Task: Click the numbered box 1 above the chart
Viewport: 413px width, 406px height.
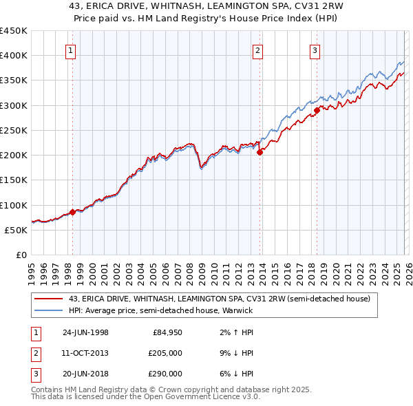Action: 72,50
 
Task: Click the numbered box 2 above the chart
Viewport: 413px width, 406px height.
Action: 257,50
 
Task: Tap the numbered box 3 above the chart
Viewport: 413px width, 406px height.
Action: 315,50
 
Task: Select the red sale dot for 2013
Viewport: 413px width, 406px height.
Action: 260,153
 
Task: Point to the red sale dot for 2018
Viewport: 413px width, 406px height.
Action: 317,110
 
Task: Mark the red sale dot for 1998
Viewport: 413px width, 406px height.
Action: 72,212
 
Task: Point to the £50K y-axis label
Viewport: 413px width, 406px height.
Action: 17,230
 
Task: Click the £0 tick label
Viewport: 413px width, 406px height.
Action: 22,255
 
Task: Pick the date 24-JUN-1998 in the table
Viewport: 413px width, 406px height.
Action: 85,332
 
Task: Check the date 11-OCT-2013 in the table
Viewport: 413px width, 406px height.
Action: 85,353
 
